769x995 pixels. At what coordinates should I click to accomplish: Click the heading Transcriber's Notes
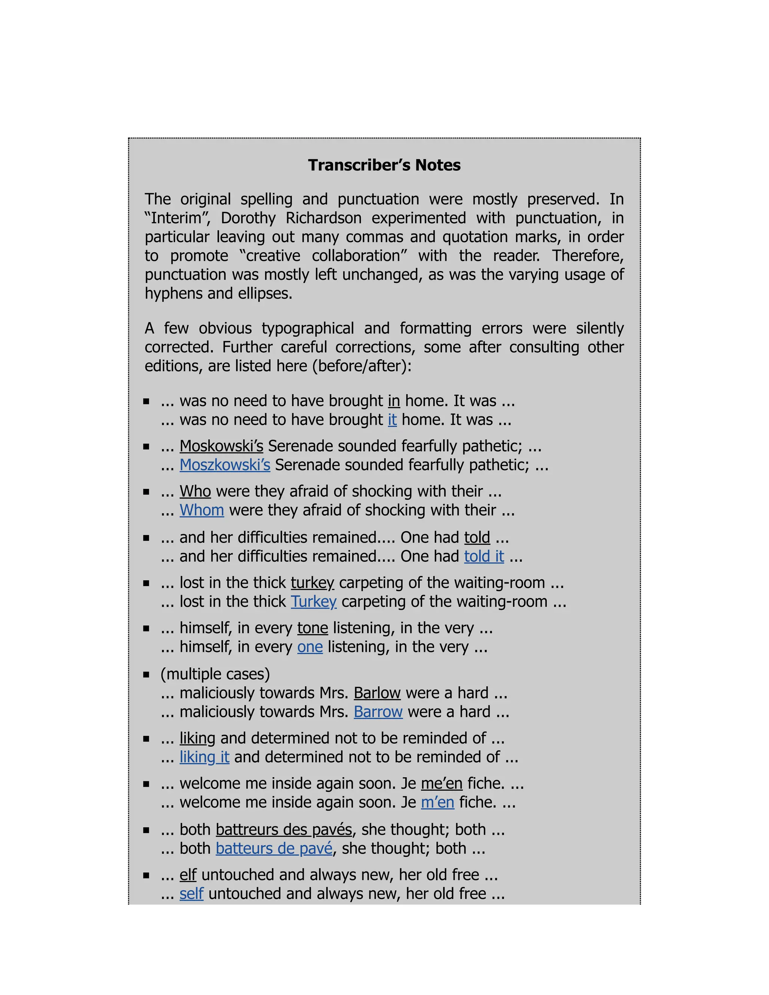(384, 165)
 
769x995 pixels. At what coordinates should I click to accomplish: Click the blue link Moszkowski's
(225, 465)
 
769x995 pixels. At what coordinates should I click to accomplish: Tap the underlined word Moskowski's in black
(222, 446)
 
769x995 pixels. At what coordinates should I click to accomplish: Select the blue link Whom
(202, 510)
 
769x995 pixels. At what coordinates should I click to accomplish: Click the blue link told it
(484, 556)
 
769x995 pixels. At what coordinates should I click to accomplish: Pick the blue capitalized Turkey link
(314, 602)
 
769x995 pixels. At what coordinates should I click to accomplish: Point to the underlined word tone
(312, 628)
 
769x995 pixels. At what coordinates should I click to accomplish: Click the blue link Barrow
(378, 712)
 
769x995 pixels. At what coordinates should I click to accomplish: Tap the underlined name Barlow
(377, 693)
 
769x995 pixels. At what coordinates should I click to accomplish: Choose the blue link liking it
(204, 757)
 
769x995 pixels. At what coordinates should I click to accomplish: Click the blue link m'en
(437, 802)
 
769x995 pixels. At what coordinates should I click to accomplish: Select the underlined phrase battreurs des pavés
(284, 830)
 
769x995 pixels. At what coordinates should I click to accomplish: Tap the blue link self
(191, 894)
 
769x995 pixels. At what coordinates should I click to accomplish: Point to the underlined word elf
(188, 875)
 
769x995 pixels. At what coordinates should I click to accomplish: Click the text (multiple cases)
(215, 674)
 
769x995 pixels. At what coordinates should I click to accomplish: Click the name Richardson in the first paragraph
(323, 218)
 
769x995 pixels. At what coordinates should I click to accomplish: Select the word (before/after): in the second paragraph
(362, 366)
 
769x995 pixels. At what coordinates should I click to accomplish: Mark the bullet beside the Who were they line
(146, 492)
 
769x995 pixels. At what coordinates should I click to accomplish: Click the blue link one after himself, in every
(310, 647)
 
